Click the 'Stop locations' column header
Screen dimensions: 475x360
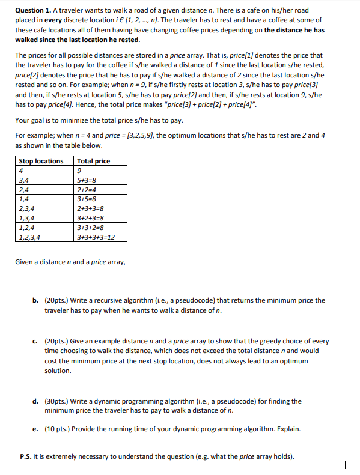[41, 161]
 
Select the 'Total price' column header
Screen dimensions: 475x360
[94, 161]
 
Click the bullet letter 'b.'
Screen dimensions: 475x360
[37, 300]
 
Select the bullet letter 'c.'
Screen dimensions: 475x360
[37, 340]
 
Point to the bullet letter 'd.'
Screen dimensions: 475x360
[37, 401]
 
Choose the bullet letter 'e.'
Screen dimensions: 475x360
[37, 429]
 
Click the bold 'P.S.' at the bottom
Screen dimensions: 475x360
[26, 456]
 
